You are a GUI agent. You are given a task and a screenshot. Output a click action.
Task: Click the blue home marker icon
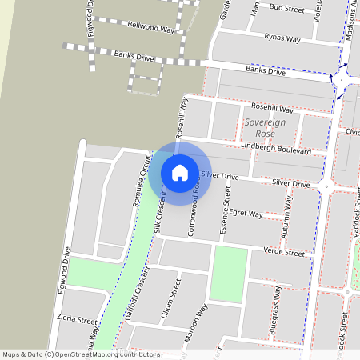180,172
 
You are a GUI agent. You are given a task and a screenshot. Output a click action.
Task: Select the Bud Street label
287,8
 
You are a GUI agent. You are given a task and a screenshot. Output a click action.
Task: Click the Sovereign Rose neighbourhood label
264,126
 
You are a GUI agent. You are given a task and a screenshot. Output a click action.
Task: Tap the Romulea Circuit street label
142,186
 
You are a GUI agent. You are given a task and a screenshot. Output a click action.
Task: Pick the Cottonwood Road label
192,212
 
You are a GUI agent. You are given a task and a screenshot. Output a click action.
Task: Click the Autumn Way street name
286,224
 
